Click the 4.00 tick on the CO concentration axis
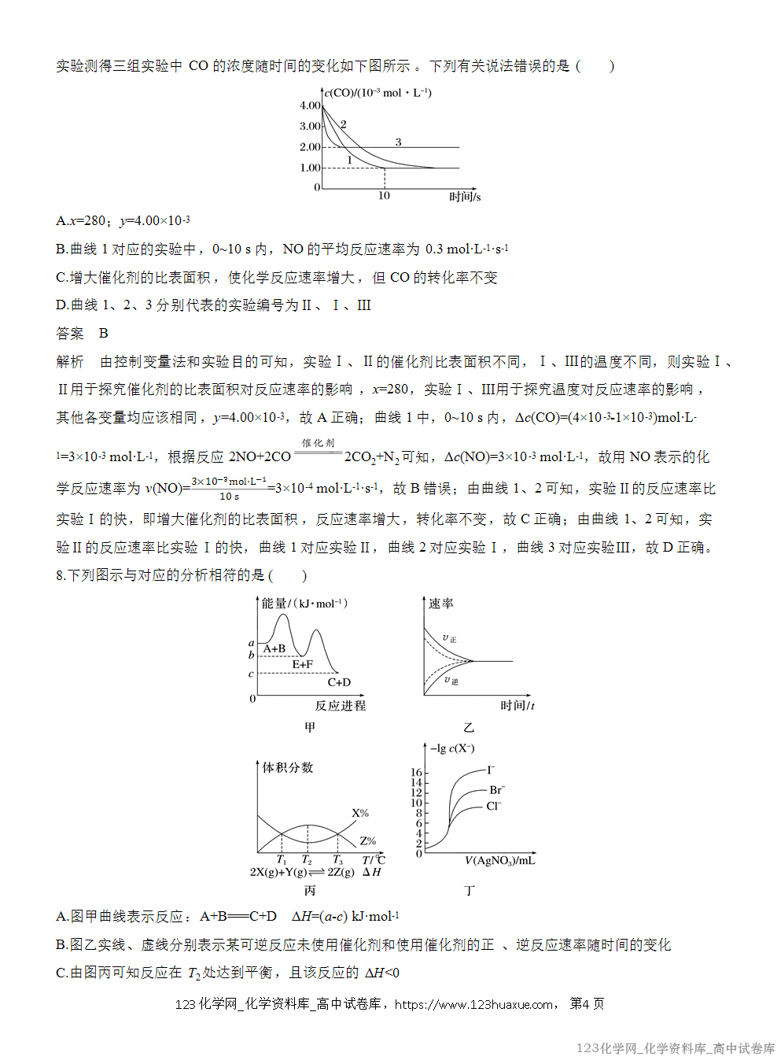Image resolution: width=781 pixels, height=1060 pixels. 310,105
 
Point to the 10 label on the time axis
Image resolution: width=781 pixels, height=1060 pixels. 384,196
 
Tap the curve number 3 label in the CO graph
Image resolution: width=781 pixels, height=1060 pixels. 398,142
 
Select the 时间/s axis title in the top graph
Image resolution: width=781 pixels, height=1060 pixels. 465,197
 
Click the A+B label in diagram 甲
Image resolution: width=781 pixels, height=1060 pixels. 274,648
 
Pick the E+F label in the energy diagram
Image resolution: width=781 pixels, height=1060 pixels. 303,665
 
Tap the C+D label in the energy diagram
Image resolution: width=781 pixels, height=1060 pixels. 339,682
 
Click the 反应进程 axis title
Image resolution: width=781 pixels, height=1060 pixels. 341,706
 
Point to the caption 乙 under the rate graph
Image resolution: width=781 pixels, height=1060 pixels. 469,728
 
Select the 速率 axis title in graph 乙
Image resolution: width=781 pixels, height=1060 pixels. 441,604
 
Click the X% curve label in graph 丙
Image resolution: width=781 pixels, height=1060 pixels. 360,813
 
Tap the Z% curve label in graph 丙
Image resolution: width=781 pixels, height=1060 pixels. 367,840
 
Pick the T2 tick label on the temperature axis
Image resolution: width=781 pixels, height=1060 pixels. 307,860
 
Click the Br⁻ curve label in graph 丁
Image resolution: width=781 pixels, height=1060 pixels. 497,790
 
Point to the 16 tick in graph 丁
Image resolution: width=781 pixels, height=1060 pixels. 416,772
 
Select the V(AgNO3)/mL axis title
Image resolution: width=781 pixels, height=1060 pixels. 500,861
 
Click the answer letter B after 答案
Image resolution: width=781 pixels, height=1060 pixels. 103,334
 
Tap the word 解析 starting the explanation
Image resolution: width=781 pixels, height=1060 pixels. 70,362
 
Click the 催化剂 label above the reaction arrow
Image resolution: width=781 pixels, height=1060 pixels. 319,443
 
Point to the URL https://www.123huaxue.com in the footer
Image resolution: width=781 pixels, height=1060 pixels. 473,1004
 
